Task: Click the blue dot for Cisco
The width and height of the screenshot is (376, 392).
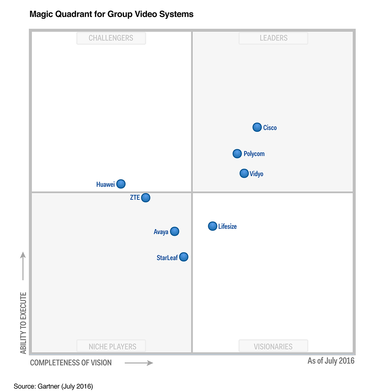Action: (257, 127)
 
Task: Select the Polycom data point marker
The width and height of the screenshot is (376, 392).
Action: (237, 153)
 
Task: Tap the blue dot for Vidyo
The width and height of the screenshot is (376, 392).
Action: (244, 173)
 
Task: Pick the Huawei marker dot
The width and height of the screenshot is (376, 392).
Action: (121, 184)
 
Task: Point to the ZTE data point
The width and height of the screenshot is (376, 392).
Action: (146, 198)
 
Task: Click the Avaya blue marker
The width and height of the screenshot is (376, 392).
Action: (175, 231)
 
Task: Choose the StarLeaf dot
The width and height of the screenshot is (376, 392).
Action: (183, 257)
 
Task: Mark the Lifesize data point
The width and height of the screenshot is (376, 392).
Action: (212, 226)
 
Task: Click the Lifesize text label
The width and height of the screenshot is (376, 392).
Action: (227, 226)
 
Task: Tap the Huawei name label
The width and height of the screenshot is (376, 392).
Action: (105, 185)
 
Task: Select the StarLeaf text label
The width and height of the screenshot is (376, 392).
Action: (167, 258)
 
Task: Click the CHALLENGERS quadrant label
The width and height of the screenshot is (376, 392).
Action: (111, 38)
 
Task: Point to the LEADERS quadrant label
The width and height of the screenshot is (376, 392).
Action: (274, 38)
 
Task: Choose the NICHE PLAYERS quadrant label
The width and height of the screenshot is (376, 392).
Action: (112, 346)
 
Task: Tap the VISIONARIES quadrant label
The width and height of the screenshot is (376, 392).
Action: (273, 346)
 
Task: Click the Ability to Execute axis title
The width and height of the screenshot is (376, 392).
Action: (23, 323)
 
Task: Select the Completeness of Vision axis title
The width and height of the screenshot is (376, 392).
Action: (71, 363)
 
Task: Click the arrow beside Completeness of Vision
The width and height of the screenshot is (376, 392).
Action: (139, 363)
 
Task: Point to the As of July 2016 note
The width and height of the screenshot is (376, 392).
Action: (331, 361)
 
